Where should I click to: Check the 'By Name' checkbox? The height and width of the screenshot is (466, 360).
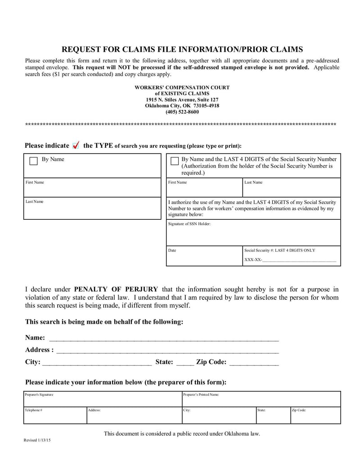(x=33, y=161)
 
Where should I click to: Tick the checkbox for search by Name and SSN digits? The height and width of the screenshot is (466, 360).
(x=175, y=161)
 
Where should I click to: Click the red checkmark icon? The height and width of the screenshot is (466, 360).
(x=76, y=145)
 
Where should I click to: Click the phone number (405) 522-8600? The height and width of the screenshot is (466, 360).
(x=182, y=112)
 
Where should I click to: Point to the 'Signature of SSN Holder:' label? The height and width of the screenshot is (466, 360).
(x=189, y=224)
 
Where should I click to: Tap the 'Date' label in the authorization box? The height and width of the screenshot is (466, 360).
(x=172, y=250)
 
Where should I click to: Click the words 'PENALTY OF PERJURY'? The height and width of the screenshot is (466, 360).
(x=116, y=289)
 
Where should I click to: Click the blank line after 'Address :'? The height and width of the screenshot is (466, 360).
(x=167, y=350)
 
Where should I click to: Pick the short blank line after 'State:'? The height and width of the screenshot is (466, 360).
(x=185, y=362)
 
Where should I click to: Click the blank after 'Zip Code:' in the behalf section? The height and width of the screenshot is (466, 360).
(x=254, y=362)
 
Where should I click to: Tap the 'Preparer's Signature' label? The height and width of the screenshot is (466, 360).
(x=40, y=394)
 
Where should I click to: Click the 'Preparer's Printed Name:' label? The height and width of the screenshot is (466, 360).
(x=201, y=394)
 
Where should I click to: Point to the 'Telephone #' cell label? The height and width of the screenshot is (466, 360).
(x=34, y=410)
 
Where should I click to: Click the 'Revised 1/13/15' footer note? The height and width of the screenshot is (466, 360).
(x=37, y=440)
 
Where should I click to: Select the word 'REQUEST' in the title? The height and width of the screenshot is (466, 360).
(x=80, y=49)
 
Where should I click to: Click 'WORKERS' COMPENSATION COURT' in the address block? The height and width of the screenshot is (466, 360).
(x=182, y=87)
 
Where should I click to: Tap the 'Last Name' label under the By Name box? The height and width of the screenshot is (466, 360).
(x=35, y=201)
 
